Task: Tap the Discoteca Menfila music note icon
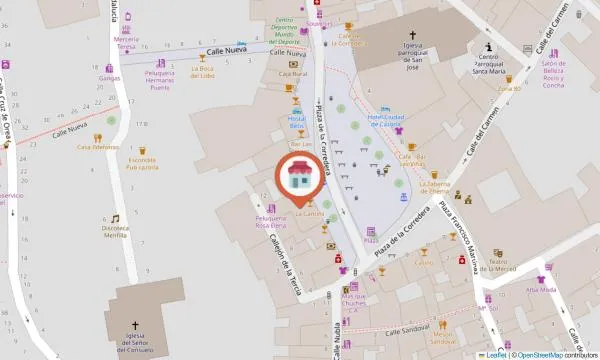point(115,218)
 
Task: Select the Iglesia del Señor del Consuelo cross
point(138,324)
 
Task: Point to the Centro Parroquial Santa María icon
point(488,47)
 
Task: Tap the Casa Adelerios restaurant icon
point(98,137)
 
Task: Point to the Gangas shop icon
point(110,67)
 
